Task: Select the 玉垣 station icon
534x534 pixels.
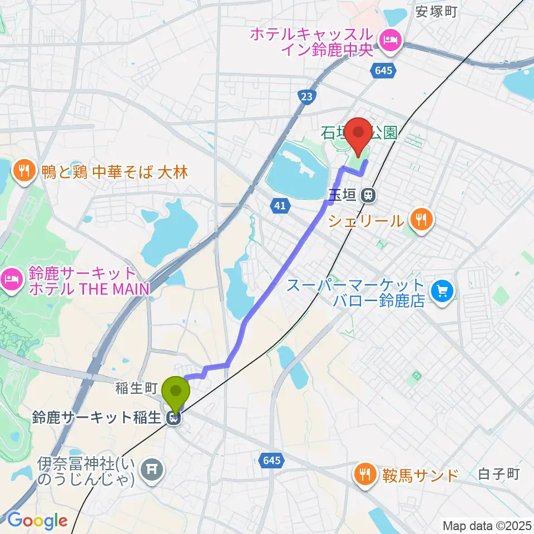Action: [367, 195]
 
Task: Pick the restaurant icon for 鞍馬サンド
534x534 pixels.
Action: [364, 474]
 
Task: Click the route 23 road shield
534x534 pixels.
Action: [306, 97]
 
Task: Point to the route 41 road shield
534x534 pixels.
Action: [280, 206]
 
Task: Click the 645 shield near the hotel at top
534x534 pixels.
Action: [383, 70]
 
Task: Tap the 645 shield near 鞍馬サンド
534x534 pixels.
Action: [271, 460]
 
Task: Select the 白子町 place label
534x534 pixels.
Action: [498, 474]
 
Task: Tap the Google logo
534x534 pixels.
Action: [37, 520]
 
